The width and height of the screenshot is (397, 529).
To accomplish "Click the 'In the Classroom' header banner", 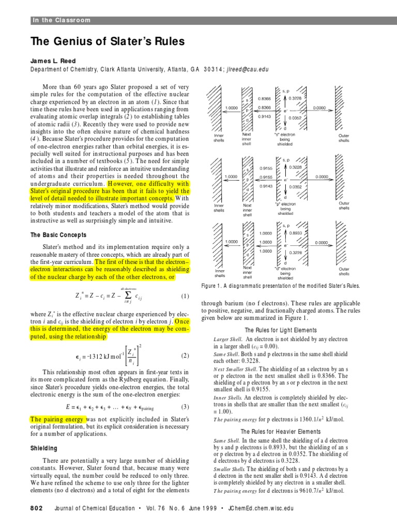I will point(62,20).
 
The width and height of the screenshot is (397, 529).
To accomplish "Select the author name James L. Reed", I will point(54,60).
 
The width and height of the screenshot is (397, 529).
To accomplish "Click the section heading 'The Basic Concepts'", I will point(64,235).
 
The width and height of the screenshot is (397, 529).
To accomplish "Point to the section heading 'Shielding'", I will point(45,448).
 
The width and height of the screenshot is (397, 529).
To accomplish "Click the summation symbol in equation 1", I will point(126,295).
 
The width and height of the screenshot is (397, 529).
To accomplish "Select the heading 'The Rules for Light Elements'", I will point(281,330).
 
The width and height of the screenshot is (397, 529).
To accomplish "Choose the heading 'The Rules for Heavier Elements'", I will point(281,431).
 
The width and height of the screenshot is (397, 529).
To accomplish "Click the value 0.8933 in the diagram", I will point(296,233).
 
